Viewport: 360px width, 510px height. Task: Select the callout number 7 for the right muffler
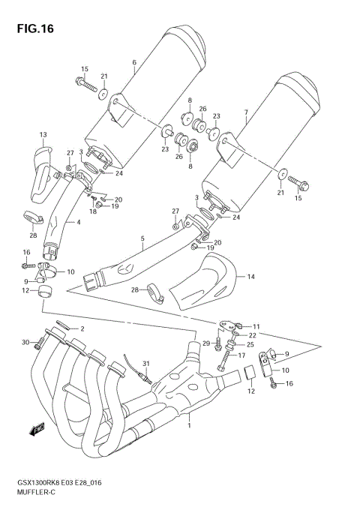pyautogui.click(x=246, y=112)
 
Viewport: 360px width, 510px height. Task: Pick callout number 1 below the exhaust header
pyautogui.click(x=189, y=426)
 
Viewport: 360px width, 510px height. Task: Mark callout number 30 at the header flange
pyautogui.click(x=25, y=343)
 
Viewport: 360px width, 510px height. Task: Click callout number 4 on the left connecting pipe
pyautogui.click(x=77, y=222)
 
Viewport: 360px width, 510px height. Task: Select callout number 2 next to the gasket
pyautogui.click(x=82, y=329)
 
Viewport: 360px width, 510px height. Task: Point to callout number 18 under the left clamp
pyautogui.click(x=93, y=211)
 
